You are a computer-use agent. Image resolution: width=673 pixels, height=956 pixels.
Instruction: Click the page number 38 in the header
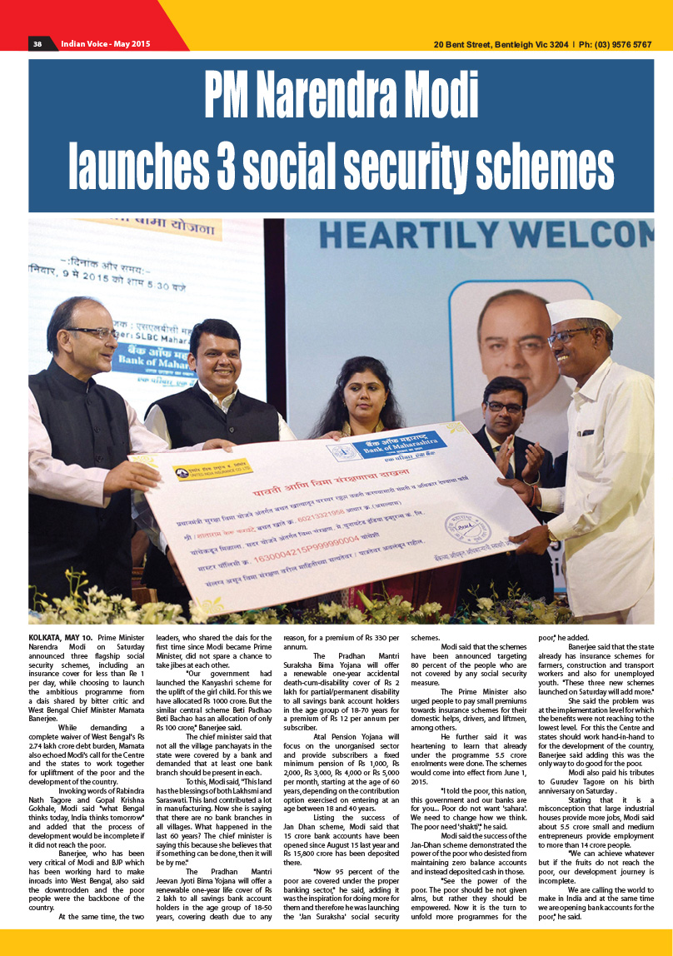[x=37, y=43]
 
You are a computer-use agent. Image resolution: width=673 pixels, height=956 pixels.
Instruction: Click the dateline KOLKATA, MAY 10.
[x=61, y=637]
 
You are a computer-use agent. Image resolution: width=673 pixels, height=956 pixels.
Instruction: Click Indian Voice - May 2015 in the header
[x=105, y=43]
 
